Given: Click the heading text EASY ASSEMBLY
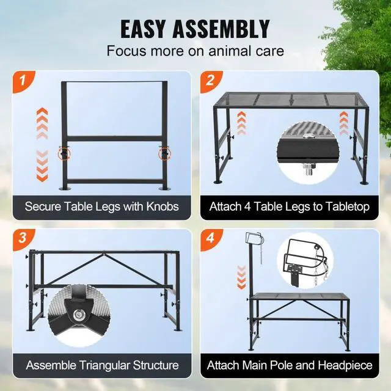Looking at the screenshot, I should point(195,29).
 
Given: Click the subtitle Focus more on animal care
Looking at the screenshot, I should point(195,51).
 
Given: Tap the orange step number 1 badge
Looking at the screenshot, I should point(22,80).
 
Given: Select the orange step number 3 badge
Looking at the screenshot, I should point(22,238).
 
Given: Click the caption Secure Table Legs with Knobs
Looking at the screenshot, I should point(101,206).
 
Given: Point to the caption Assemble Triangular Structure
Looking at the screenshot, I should point(101,365).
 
